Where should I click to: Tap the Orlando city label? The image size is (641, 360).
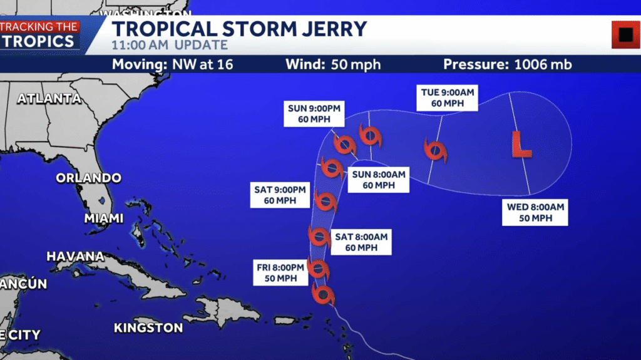(88, 178)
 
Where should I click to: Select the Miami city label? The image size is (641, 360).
(104, 219)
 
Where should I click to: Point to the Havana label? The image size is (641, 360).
(75, 256)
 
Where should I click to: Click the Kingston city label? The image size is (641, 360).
(148, 327)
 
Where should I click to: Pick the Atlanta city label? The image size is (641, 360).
(49, 98)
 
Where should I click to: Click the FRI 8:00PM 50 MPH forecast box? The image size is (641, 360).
(280, 273)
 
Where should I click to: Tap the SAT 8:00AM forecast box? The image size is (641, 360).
(361, 242)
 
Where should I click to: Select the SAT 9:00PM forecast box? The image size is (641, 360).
(280, 195)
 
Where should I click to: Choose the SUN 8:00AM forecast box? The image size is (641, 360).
(378, 180)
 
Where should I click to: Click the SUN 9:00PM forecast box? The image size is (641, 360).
(314, 114)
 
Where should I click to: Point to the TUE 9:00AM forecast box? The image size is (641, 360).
(447, 98)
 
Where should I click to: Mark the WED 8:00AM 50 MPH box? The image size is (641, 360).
(536, 213)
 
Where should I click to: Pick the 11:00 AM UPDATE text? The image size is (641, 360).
(169, 46)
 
